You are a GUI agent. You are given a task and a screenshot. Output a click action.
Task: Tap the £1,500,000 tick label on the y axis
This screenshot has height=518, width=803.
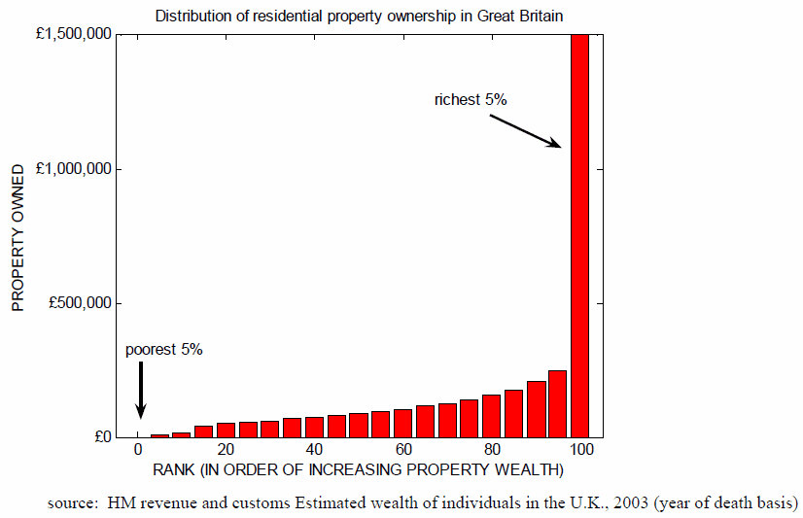(71, 35)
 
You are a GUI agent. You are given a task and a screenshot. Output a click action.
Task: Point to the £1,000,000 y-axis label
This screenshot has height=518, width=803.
(71, 169)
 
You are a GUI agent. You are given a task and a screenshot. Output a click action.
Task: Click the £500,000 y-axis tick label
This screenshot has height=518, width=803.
(76, 303)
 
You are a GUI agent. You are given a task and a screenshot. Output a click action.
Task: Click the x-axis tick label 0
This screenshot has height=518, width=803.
(138, 451)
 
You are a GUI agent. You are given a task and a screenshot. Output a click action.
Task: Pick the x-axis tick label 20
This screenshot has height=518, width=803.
(226, 451)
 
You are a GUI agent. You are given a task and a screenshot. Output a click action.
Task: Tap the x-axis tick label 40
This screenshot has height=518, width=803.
(314, 451)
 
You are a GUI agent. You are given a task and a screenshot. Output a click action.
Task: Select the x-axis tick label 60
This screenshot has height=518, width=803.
(402, 451)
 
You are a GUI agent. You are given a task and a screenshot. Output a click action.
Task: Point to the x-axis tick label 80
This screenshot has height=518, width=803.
(491, 451)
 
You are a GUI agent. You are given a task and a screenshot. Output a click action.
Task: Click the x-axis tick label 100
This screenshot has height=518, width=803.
(579, 451)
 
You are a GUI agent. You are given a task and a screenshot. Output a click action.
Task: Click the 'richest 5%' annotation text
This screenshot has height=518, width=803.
(471, 99)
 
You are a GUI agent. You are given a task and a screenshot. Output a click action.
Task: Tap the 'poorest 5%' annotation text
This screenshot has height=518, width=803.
(163, 350)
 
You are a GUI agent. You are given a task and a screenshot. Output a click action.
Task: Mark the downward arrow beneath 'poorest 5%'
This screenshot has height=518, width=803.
(140, 390)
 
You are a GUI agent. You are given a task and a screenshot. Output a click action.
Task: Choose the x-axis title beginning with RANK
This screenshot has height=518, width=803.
(359, 471)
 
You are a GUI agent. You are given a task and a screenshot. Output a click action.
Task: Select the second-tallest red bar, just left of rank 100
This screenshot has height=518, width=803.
(557, 403)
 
